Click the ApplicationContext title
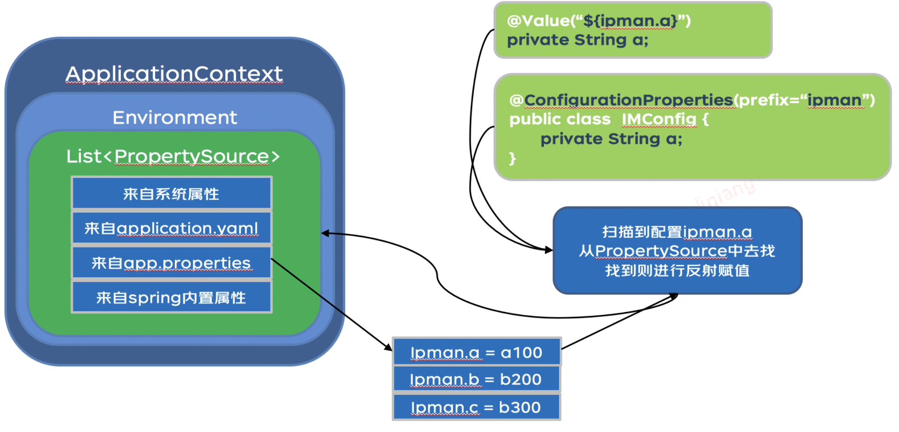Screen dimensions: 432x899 174,74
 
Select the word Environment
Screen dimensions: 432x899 174,118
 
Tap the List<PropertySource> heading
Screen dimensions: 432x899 173,156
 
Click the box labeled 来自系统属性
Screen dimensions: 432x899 171,193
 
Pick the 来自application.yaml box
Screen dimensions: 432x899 171,228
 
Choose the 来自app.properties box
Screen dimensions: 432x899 171,263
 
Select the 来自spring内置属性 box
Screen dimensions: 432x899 171,297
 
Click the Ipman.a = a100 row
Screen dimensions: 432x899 476,352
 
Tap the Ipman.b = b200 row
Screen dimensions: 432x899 476,379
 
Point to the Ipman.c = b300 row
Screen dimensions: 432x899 476,407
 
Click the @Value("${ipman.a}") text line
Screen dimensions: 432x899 599,21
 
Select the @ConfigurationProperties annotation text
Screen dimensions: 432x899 628,100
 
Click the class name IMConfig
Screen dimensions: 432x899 659,120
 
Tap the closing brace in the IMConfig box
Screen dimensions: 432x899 513,159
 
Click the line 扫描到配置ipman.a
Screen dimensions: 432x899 677,232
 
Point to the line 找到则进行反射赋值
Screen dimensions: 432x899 677,271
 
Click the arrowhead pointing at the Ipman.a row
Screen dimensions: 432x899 388,347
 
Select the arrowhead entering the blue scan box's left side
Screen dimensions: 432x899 549,250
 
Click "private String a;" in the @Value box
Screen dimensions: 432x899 577,40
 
